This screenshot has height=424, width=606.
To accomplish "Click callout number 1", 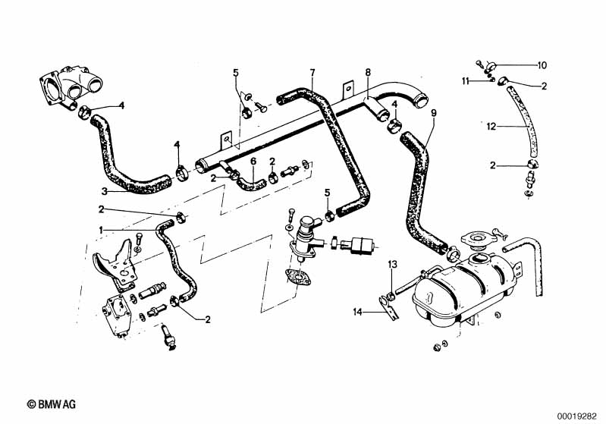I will (100, 229).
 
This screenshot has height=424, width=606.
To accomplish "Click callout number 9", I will (434, 112).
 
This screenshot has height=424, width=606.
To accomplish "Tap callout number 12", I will (491, 127).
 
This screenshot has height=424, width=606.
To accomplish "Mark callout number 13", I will (392, 264).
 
